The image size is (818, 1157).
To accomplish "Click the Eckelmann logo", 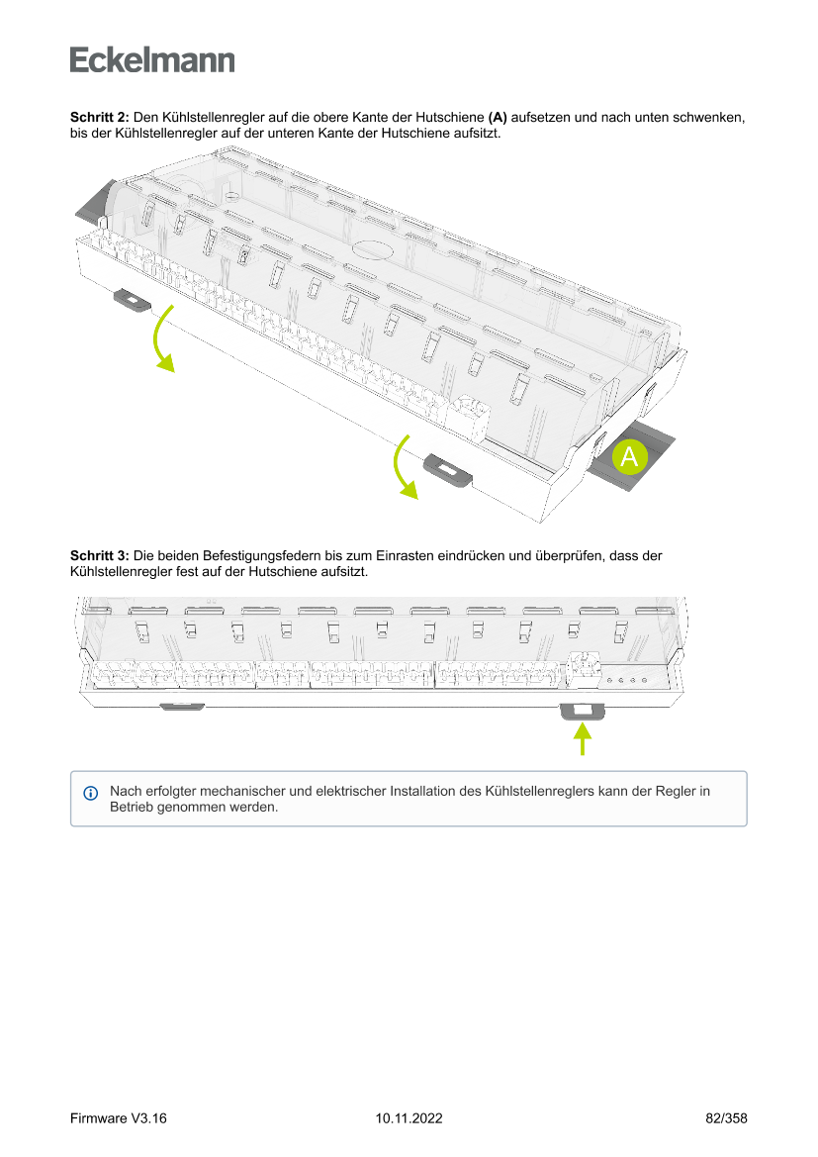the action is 152,59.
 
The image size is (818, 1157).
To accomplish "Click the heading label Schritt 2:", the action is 100,118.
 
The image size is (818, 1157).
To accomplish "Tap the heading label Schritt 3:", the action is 100,555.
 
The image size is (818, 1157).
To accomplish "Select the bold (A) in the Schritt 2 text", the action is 498,118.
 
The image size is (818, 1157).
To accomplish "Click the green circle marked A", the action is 629,456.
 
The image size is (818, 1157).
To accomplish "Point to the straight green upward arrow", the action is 583,739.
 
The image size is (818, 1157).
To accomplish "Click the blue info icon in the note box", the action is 91,793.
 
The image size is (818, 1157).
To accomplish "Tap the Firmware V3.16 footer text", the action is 118,1117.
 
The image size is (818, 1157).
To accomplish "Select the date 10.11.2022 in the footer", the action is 409,1117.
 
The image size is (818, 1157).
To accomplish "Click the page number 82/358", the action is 726,1117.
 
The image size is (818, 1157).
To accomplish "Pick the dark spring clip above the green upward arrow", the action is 582,712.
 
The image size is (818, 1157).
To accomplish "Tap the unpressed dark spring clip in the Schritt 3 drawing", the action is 182,706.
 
